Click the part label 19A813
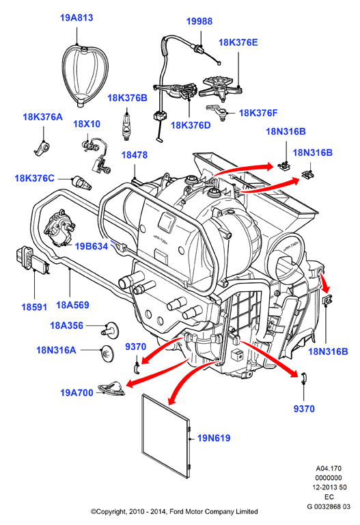click(77, 18)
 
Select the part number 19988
click(199, 21)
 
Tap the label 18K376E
click(238, 42)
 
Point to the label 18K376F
click(258, 113)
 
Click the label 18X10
click(87, 124)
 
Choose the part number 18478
click(134, 155)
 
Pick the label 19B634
click(92, 246)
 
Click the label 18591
click(34, 307)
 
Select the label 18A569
click(72, 305)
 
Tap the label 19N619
click(214, 438)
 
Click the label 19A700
click(77, 392)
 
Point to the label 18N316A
click(56, 350)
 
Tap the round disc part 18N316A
click(107, 353)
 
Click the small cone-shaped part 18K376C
click(82, 183)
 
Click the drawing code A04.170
click(329, 468)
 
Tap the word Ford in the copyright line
click(177, 511)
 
